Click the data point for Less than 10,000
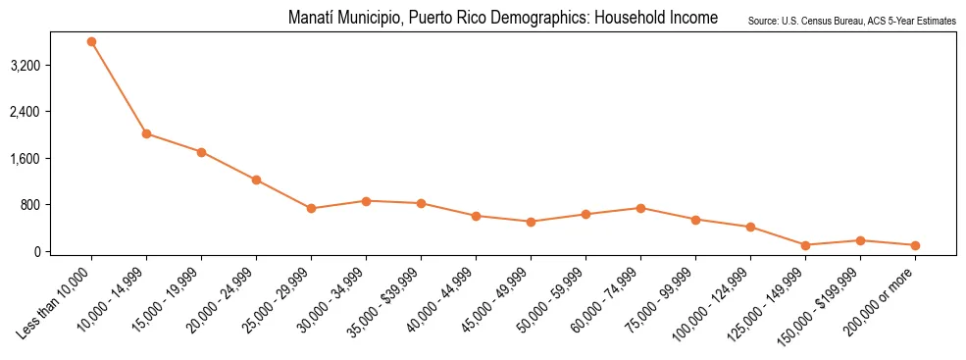point(91,42)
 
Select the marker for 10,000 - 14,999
point(146,133)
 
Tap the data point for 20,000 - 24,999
point(256,180)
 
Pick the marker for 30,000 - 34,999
point(366,201)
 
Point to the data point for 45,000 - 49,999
point(531,222)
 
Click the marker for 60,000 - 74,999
point(640,208)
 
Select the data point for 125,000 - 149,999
point(805,245)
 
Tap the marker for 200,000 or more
point(915,245)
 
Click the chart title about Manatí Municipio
point(503,19)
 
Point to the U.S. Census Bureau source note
point(851,21)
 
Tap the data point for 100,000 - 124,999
point(750,228)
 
